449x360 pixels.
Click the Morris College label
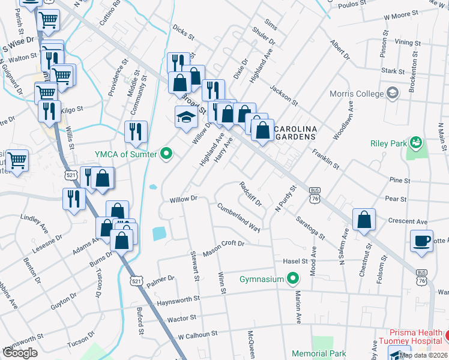pos(356,94)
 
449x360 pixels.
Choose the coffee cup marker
pos(421,241)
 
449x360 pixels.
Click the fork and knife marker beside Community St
pos(136,131)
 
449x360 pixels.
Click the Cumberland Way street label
pos(238,217)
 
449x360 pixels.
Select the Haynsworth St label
pos(178,299)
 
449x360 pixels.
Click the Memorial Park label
pos(319,354)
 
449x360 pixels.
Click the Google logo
pos(20,352)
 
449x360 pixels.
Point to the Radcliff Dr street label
pos(250,194)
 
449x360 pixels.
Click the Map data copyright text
pos(423,355)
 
